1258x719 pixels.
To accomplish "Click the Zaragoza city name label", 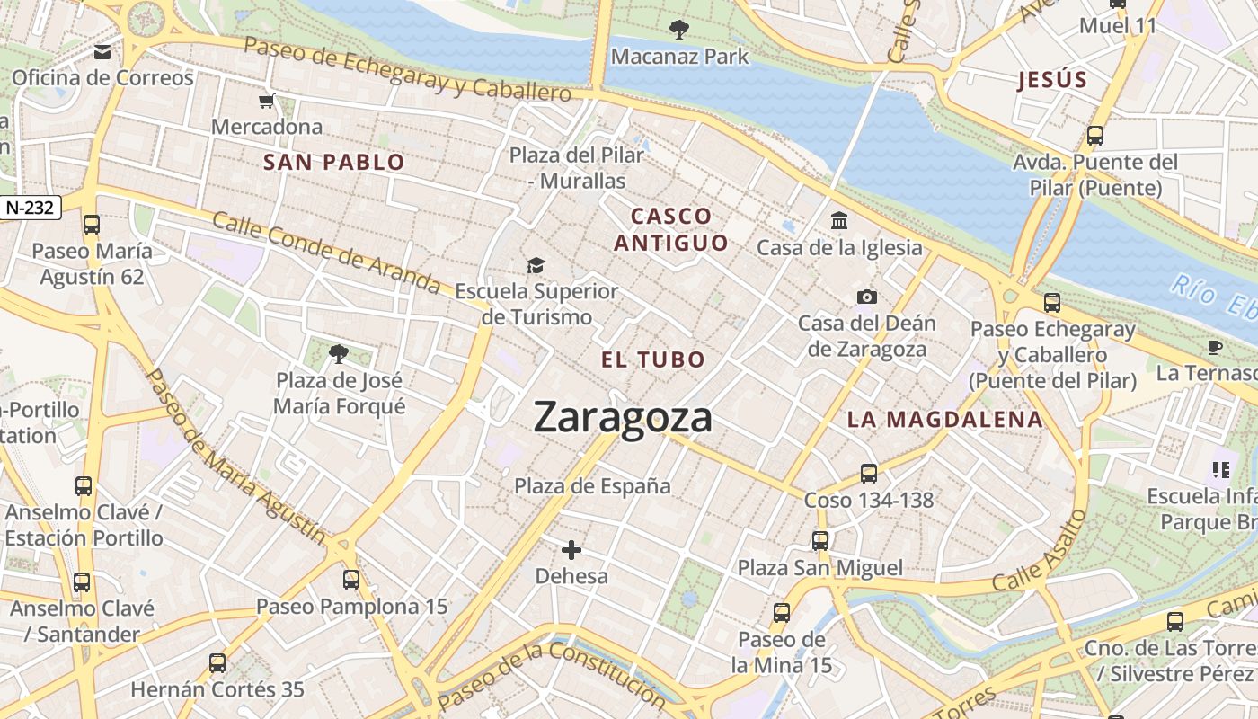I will [623, 418].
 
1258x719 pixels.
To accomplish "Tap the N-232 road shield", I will [31, 208].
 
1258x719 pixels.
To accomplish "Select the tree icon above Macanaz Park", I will [679, 30].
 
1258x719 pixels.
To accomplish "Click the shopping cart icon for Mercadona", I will [266, 101].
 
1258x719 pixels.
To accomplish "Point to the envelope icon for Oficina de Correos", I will [102, 52].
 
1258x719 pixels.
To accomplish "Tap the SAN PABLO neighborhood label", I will [333, 163].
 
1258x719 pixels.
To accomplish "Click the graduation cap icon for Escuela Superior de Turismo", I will [536, 265].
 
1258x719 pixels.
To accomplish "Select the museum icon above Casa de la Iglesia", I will [839, 220].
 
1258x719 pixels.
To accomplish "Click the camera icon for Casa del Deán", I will [867, 297].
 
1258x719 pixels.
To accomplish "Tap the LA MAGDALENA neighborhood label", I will [944, 420].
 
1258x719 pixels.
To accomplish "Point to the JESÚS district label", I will [1052, 80].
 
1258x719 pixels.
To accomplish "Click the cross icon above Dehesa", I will [571, 549].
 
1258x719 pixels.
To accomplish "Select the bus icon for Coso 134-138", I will [868, 473].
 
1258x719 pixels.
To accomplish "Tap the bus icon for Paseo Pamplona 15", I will [351, 580].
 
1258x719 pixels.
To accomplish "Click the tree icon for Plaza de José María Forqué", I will [339, 354].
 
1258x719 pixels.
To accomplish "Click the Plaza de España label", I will [592, 486].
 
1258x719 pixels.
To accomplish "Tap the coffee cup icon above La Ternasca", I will [1215, 346].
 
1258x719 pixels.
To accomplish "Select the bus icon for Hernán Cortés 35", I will [217, 663].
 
